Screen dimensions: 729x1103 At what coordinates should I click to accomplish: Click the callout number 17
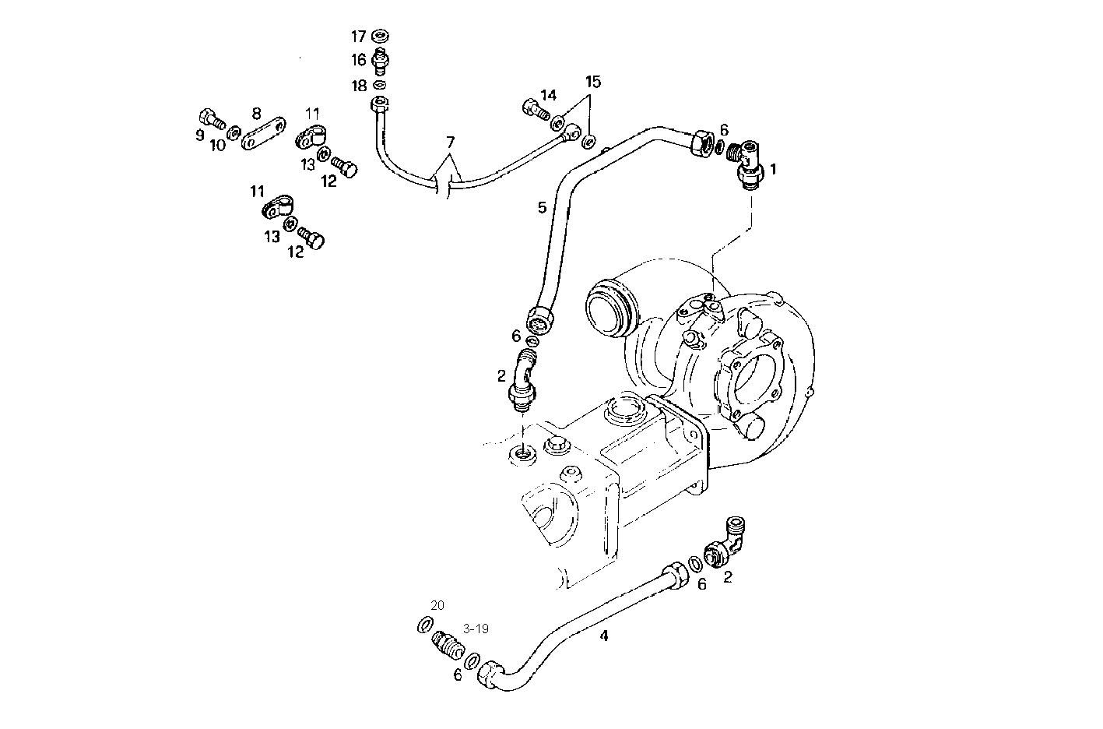[x=358, y=37]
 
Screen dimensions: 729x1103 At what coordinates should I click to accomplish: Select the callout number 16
[x=358, y=60]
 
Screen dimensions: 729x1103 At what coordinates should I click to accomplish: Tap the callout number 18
[x=359, y=86]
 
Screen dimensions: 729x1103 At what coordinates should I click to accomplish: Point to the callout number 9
[x=200, y=135]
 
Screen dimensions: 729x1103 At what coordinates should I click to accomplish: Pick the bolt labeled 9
[x=211, y=119]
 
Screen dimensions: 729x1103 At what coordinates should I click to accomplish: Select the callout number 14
[x=549, y=95]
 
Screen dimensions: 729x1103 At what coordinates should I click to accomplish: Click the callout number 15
[x=594, y=82]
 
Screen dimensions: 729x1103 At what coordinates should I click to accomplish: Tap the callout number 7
[x=449, y=143]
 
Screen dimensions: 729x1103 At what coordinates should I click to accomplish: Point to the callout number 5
[x=542, y=207]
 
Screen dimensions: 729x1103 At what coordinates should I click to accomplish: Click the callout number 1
[x=773, y=168]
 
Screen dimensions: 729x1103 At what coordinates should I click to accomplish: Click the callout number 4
[x=604, y=636]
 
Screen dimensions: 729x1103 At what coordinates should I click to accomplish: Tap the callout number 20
[x=437, y=605]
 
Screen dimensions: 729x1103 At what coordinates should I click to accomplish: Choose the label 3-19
[x=476, y=629]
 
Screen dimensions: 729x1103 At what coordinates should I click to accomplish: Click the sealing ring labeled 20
[x=427, y=625]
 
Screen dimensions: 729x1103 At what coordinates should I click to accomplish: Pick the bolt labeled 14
[x=532, y=111]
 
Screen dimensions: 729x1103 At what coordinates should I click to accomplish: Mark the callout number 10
[x=217, y=146]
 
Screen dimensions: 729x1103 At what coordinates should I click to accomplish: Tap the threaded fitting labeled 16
[x=381, y=59]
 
